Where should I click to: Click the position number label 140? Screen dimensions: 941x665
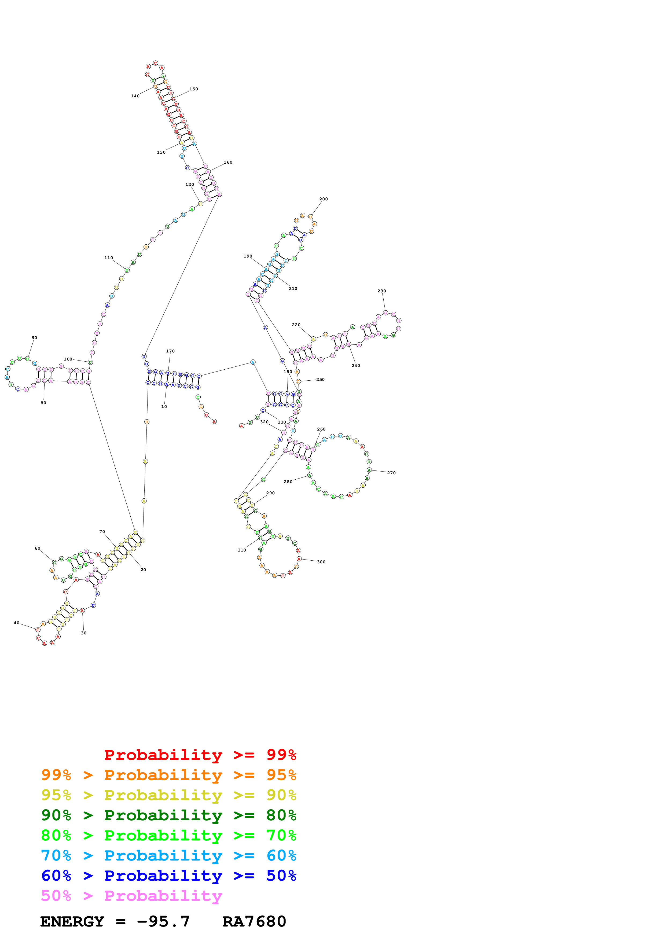(x=135, y=96)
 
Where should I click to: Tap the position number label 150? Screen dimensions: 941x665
(x=194, y=89)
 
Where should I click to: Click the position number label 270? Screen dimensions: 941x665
(x=391, y=473)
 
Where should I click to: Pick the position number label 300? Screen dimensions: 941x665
(x=321, y=562)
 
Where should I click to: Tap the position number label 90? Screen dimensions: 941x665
(x=34, y=338)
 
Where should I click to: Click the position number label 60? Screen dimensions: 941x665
(x=37, y=548)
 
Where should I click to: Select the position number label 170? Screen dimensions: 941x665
(x=170, y=351)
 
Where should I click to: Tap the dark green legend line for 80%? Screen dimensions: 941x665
(x=168, y=815)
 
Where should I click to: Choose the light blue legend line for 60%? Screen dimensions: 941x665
(x=168, y=855)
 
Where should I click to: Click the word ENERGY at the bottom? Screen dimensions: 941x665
(x=72, y=921)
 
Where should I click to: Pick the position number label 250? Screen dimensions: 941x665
(x=320, y=380)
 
